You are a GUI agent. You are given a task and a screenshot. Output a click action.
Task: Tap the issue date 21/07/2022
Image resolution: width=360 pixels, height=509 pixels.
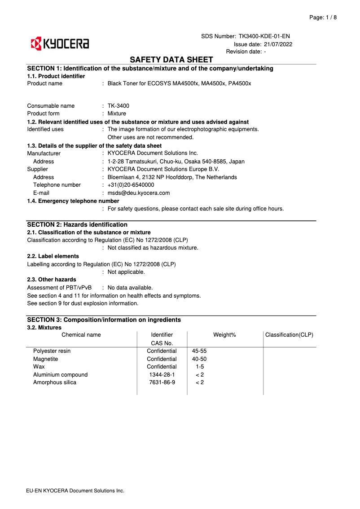(x=278, y=44)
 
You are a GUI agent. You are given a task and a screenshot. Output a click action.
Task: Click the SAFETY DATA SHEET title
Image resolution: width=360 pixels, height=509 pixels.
(x=171, y=60)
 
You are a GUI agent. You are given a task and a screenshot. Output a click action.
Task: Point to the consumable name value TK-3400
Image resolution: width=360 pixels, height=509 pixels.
(x=118, y=106)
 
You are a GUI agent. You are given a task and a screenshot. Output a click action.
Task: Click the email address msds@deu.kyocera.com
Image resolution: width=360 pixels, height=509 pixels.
(x=139, y=193)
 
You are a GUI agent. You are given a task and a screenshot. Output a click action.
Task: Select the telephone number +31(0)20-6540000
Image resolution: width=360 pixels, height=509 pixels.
(x=131, y=185)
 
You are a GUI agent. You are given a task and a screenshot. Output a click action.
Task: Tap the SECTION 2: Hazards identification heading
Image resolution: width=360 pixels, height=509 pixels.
(x=77, y=224)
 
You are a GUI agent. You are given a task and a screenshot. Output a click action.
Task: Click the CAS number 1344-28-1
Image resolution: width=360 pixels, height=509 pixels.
(x=162, y=375)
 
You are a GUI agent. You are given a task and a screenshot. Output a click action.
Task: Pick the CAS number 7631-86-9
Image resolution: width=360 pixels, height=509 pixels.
(x=162, y=382)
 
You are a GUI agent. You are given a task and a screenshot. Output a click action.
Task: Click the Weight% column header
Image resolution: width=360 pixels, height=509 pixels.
(x=224, y=335)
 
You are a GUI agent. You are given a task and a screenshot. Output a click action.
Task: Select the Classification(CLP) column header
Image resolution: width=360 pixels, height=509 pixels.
(x=289, y=335)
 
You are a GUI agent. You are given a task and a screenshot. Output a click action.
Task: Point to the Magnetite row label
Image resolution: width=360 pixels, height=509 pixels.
(x=45, y=359)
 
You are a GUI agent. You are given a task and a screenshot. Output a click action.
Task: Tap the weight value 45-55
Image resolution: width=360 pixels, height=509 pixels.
(x=199, y=351)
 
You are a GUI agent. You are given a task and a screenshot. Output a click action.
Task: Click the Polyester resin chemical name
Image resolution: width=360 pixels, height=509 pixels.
(x=52, y=351)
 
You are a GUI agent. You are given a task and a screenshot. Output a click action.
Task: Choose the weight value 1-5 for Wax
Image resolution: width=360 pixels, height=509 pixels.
(x=200, y=367)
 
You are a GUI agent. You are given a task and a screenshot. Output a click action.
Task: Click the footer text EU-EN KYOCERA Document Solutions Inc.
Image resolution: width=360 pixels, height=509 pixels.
(x=75, y=491)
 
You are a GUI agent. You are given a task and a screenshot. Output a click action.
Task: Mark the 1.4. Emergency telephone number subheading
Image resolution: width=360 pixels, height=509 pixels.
(x=73, y=201)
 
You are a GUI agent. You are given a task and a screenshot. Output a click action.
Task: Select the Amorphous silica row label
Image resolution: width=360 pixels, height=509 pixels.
(x=55, y=382)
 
